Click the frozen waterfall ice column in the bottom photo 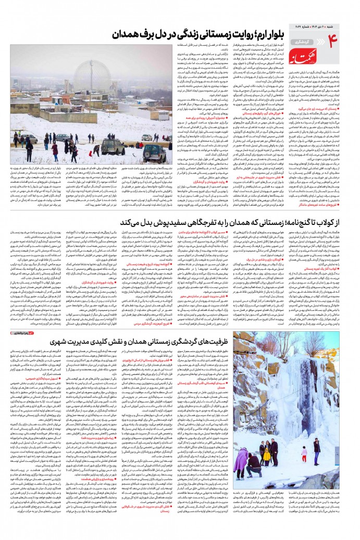(x=281, y=401)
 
